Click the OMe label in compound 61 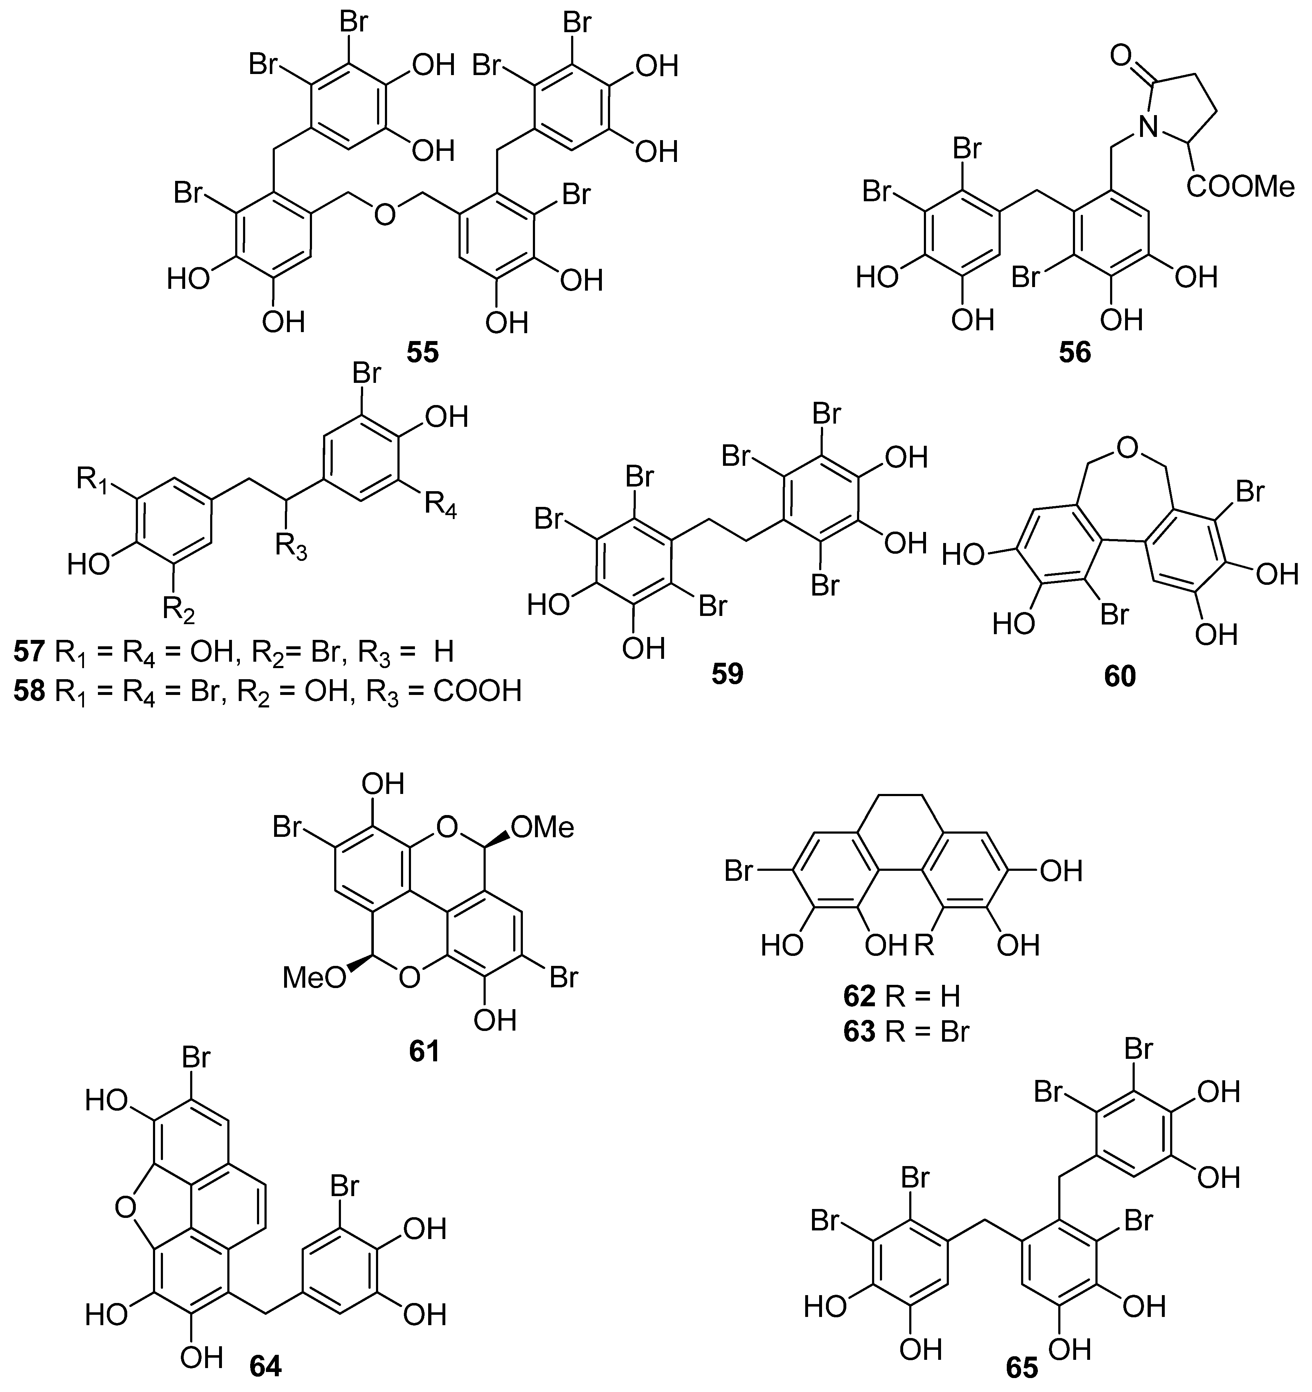(543, 828)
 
